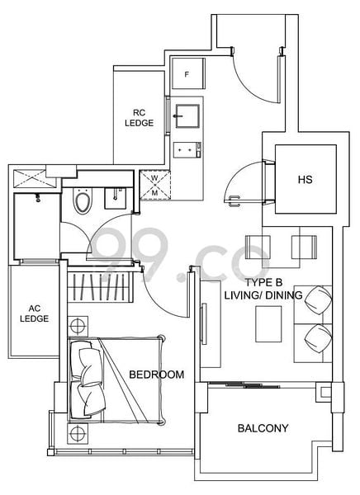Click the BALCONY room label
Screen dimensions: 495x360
262,428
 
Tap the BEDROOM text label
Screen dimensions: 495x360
156,375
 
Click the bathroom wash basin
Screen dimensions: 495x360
115,197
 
